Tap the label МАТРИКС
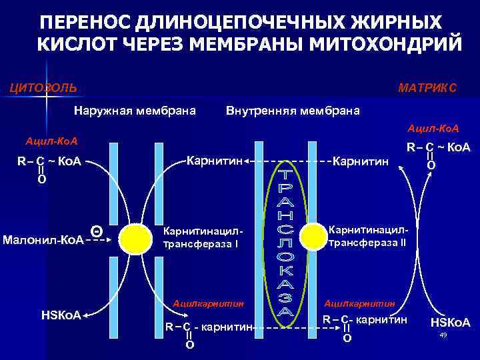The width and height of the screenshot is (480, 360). click(x=427, y=88)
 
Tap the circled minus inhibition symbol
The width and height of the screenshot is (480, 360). click(x=97, y=231)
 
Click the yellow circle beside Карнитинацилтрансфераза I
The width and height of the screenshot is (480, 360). click(x=137, y=236)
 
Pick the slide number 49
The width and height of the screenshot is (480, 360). click(x=443, y=335)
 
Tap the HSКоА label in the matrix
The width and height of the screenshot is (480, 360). click(x=450, y=323)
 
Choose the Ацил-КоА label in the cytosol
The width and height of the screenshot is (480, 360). click(x=51, y=141)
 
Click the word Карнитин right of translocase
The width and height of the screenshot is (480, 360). click(x=360, y=161)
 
